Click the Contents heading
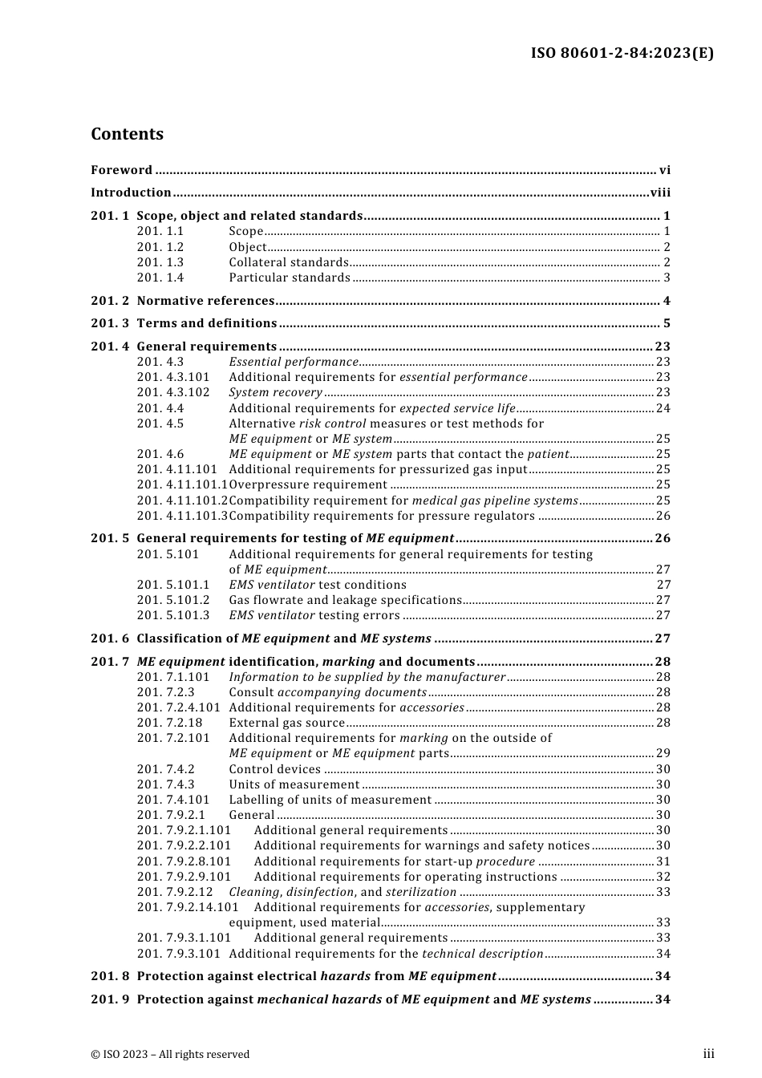(127, 134)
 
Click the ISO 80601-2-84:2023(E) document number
(622, 54)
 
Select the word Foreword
(121, 170)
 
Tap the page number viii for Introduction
(660, 192)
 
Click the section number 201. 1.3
(160, 262)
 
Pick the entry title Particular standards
(290, 278)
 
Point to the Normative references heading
(205, 301)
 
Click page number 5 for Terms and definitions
(667, 323)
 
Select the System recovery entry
(275, 392)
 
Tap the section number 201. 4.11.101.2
(182, 500)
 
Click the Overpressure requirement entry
(308, 484)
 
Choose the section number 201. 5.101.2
(172, 600)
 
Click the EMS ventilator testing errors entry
(314, 615)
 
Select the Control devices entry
(275, 769)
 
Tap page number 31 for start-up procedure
(663, 861)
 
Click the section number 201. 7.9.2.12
(175, 892)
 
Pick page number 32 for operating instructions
(663, 877)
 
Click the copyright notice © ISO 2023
(170, 1054)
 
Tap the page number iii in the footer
(708, 1054)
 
